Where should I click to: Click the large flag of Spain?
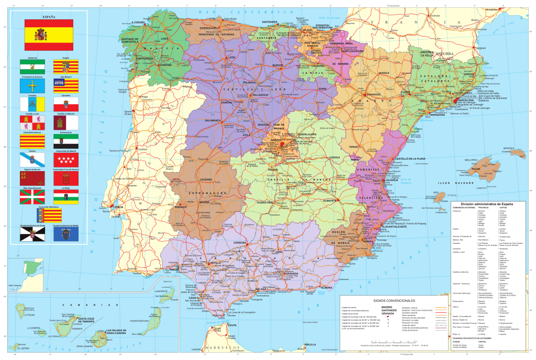tap(49, 35)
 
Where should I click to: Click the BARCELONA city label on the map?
tap(465, 100)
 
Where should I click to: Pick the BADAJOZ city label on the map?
tap(181, 207)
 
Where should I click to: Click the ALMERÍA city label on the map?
tap(327, 287)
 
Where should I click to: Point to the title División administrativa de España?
tap(486, 203)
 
